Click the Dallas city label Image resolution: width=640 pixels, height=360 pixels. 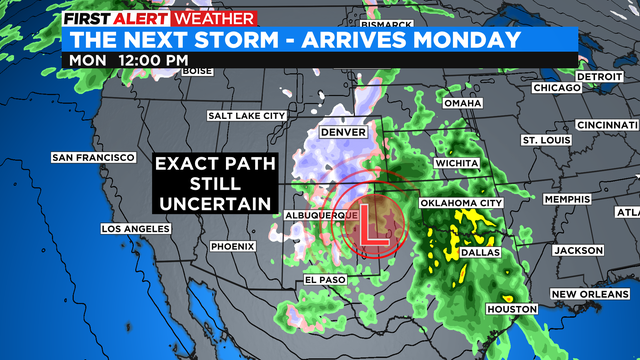(480, 255)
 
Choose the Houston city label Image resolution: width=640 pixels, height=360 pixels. (510, 309)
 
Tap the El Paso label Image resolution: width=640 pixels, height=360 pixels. (325, 279)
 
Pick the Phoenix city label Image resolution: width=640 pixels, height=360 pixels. (234, 246)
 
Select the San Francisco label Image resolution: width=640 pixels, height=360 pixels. (93, 158)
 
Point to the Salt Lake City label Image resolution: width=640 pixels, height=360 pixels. (247, 116)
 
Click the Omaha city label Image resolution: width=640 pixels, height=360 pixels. (462, 104)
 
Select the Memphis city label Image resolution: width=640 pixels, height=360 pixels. (568, 199)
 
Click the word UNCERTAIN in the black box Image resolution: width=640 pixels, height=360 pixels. (212, 203)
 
